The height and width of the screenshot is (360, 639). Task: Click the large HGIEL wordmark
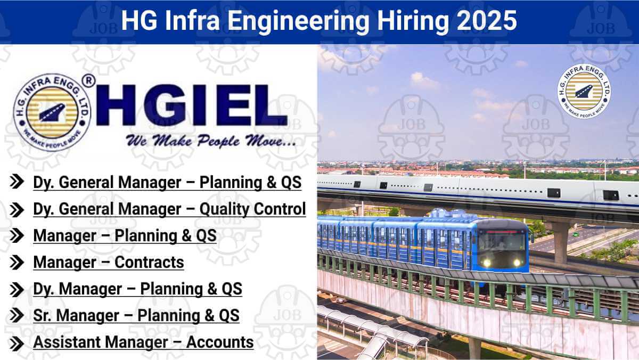191,105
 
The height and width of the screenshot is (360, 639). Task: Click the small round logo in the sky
584,91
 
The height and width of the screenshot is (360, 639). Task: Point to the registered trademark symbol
88,81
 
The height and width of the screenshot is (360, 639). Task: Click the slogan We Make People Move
210,141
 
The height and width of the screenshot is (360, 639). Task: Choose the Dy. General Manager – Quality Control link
169,209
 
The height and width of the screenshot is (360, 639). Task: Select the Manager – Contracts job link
109,262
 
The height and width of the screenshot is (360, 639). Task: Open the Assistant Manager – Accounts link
143,342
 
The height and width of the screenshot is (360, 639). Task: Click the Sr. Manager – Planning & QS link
136,315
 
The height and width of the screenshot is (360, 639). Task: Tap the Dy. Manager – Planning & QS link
137,289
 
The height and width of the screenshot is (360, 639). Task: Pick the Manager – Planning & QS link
125,235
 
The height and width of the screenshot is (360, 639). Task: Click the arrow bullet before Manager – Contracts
17,263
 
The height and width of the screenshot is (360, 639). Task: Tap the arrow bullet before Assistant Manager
17,343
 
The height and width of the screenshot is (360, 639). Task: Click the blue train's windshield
501,242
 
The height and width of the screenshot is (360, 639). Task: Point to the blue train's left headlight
486,263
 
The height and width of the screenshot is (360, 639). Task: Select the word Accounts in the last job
219,342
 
